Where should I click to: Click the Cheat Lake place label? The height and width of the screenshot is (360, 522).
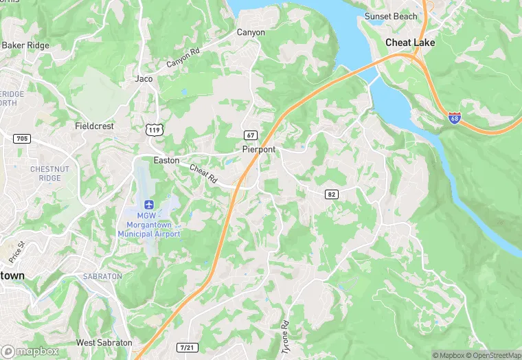409,43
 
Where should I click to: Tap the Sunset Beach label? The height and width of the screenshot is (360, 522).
391,16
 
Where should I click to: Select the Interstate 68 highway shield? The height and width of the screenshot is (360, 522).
454,118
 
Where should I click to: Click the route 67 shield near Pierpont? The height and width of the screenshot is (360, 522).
251,135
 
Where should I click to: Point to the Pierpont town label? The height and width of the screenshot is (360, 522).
259,149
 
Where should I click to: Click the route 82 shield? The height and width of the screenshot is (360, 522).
332,194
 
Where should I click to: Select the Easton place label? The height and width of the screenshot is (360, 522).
167,160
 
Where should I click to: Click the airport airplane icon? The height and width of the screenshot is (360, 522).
149,204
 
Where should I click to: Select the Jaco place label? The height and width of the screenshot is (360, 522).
144,79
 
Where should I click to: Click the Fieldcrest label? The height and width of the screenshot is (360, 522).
94,126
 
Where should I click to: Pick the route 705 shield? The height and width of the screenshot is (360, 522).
22,139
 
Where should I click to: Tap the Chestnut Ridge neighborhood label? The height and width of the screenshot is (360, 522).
45,173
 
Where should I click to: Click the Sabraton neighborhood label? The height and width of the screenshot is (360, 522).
102,276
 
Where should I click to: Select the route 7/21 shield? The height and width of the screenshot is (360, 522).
185,348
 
